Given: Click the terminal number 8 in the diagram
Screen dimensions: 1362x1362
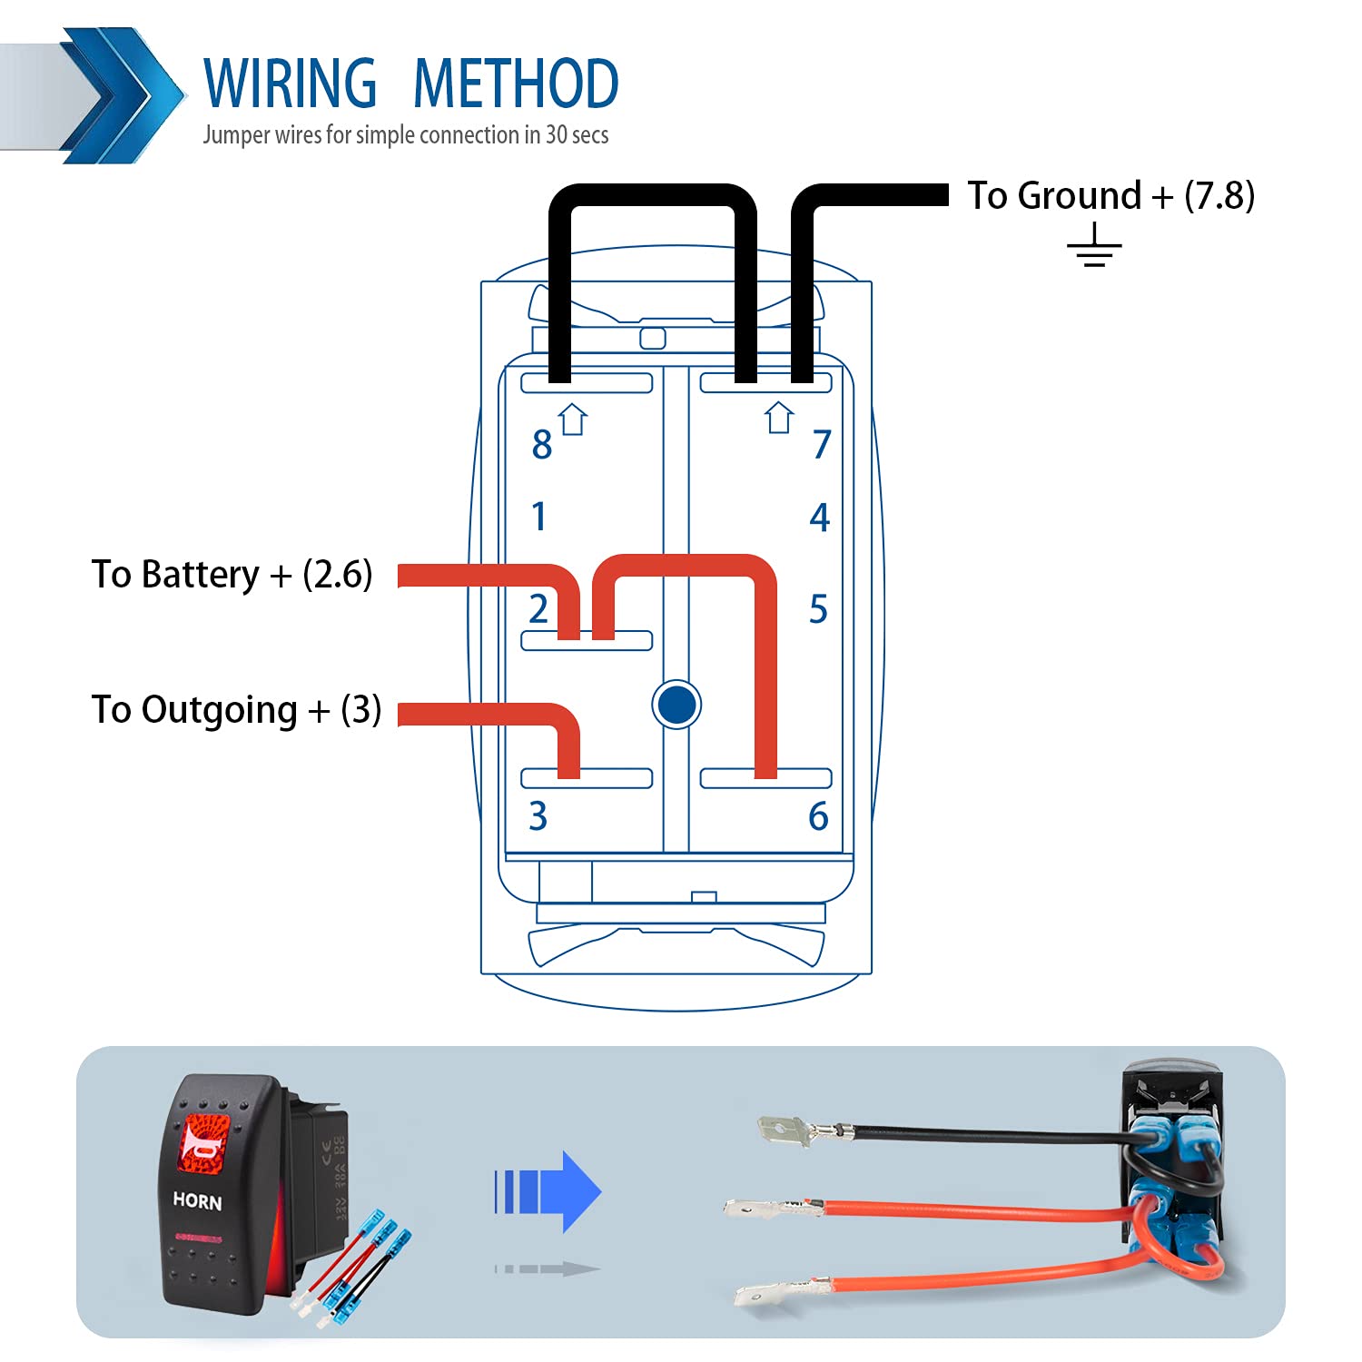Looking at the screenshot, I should click(x=542, y=445).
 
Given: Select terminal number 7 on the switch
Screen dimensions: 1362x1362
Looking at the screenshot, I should click(x=822, y=444).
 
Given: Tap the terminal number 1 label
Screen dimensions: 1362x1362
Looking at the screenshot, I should click(x=539, y=517).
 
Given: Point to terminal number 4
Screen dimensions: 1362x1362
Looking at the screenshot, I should click(x=820, y=518).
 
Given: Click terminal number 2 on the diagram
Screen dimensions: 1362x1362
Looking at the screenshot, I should click(x=538, y=608).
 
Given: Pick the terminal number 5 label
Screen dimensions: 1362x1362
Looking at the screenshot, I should click(x=818, y=609).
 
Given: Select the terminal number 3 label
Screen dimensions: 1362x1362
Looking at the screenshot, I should click(x=538, y=816).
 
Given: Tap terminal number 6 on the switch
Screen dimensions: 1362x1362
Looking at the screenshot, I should click(x=818, y=816).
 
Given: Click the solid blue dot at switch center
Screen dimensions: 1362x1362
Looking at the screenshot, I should click(x=676, y=704).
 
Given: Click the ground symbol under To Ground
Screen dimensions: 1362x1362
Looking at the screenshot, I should click(x=1094, y=247).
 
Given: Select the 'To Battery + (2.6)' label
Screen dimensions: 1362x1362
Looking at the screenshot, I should click(x=232, y=575).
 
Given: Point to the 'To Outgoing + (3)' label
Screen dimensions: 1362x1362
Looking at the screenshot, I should click(x=236, y=710).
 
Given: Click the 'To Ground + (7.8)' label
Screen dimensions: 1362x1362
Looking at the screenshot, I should click(x=1110, y=195).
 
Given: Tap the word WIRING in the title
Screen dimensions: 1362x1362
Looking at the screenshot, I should click(x=290, y=84).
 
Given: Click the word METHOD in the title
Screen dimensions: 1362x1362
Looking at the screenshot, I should click(x=516, y=84).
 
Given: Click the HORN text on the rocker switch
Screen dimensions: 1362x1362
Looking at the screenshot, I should click(x=197, y=1201).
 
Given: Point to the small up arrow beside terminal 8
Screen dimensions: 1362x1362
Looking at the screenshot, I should click(x=573, y=419).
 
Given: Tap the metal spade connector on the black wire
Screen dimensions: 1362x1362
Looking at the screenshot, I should click(x=784, y=1131).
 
